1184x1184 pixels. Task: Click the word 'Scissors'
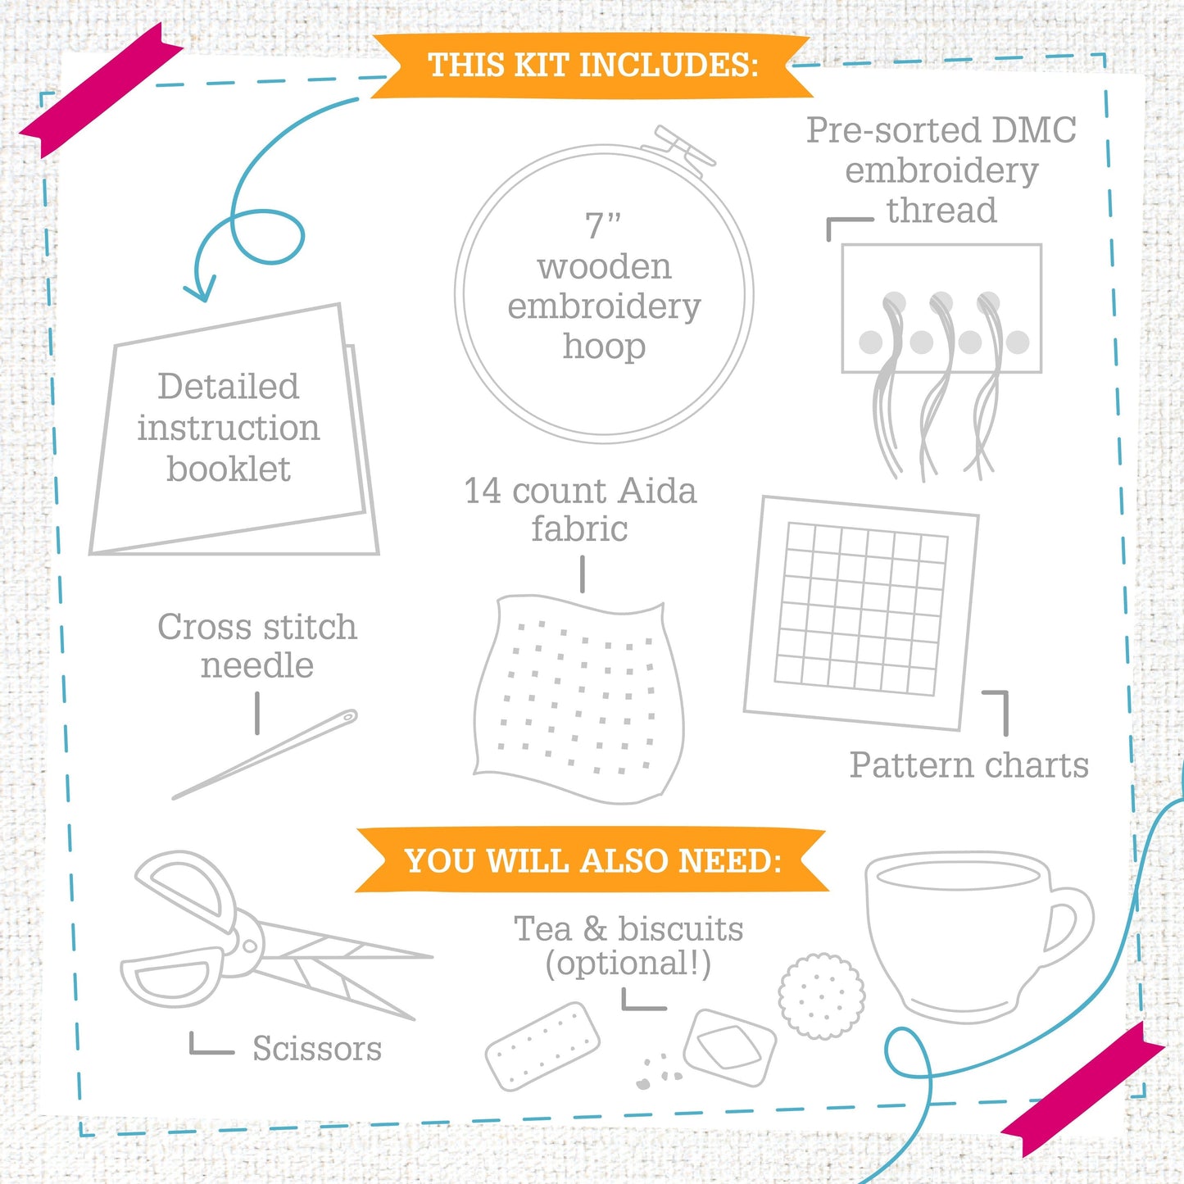pos(316,1049)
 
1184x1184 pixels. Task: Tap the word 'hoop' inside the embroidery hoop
pos(604,347)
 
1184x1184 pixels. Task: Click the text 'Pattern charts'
pos(969,765)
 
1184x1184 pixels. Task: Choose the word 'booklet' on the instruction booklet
pos(229,470)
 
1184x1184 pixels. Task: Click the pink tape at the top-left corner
pos(100,90)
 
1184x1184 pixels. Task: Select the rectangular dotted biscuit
pos(542,1046)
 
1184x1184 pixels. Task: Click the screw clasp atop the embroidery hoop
pos(678,148)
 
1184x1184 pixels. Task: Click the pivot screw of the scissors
pos(249,946)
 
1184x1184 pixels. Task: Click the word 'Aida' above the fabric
pos(657,492)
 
